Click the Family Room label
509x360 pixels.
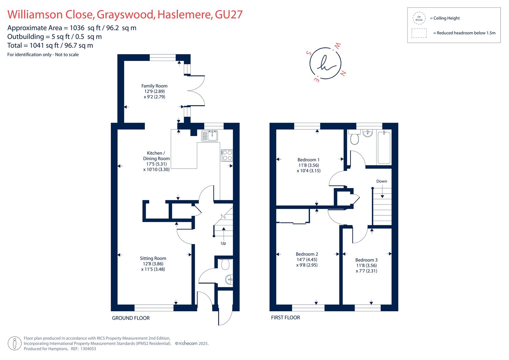[x=154, y=86]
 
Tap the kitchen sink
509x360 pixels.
[x=210, y=136]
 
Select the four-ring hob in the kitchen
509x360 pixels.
[x=227, y=155]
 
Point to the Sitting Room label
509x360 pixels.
[x=153, y=258]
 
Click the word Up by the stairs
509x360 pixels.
[x=223, y=243]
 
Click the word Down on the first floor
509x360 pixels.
[x=382, y=181]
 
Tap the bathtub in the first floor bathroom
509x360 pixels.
[x=384, y=147]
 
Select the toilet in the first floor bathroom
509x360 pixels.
[x=354, y=137]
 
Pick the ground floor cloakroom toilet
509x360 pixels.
[x=225, y=265]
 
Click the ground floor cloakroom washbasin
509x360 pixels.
[x=229, y=280]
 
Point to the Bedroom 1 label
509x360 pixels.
[x=309, y=160]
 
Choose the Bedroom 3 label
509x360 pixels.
[x=366, y=260]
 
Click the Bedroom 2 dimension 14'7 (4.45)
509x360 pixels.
[x=307, y=260]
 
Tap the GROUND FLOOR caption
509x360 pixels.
[x=131, y=318]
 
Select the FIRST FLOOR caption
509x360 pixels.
[x=285, y=318]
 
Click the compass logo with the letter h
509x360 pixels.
[x=325, y=63]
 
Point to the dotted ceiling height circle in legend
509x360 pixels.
[x=419, y=18]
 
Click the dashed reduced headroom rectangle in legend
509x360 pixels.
[x=419, y=33]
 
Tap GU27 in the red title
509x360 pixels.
[x=229, y=15]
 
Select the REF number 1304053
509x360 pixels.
[x=88, y=349]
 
